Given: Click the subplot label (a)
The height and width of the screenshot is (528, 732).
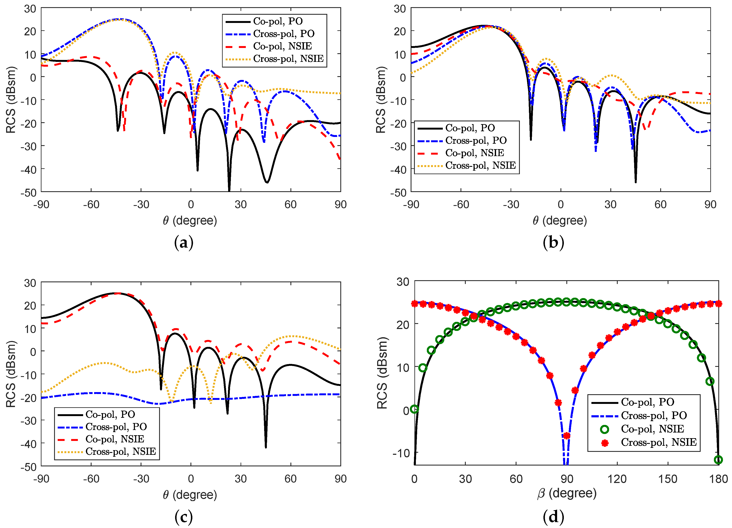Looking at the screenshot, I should click(184, 243).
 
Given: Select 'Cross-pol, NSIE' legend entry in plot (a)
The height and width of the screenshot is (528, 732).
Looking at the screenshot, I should click(288, 59).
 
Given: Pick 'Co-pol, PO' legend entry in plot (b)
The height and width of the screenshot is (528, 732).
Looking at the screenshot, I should click(470, 128).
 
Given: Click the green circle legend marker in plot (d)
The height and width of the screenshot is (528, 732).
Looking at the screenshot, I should click(604, 429).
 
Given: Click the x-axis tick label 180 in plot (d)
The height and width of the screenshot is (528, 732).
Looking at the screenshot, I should click(718, 479).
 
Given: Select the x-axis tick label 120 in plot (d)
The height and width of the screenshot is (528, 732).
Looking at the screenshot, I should click(617, 479).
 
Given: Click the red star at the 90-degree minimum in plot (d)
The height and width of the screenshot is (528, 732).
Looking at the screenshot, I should click(566, 436).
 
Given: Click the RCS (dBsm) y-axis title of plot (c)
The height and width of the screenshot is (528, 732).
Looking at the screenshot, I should click(11, 374).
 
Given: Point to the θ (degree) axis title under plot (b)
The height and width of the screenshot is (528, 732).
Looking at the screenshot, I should click(560, 221).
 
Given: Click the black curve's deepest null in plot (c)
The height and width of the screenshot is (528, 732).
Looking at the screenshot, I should click(266, 447).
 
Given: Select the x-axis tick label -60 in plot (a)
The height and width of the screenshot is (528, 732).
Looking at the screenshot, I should click(91, 204).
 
